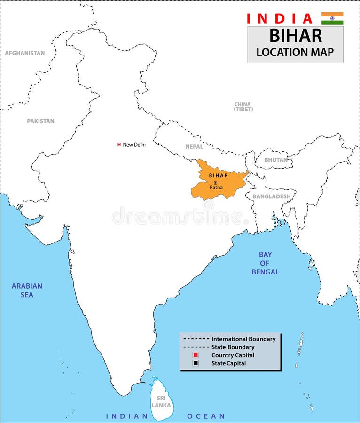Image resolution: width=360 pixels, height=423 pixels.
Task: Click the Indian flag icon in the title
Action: coord(332,18)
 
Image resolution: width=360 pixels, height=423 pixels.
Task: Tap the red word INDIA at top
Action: coord(280,19)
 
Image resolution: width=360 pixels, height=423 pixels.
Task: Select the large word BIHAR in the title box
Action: coord(296,36)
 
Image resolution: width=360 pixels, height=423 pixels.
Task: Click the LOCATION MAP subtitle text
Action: coord(295,52)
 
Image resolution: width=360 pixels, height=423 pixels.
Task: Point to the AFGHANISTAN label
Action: coord(25,53)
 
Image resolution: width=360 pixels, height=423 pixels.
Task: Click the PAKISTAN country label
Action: coord(40,121)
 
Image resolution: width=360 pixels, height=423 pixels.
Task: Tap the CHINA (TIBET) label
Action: coord(243,107)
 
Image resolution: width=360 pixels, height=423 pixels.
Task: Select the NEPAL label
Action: coord(194,147)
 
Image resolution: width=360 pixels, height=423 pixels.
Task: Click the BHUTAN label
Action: coord(276,160)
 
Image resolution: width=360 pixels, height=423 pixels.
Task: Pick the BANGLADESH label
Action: coord(272,196)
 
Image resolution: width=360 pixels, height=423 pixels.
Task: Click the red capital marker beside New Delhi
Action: coord(119,144)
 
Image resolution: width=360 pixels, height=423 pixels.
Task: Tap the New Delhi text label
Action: coord(134,145)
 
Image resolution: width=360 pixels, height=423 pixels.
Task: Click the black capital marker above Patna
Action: coord(216,182)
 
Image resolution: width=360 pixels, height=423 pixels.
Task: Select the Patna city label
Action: coord(216,188)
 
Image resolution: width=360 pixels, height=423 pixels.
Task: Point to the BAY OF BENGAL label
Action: coord(265,263)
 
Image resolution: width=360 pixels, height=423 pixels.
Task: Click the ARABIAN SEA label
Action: coord(27,290)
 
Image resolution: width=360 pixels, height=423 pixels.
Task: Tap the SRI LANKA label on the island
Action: coord(161,401)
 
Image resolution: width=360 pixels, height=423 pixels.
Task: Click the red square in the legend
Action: coord(196,355)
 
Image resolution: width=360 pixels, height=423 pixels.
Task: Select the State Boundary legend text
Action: coord(233,347)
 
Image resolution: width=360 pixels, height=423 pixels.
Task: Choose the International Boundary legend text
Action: coord(243,339)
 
